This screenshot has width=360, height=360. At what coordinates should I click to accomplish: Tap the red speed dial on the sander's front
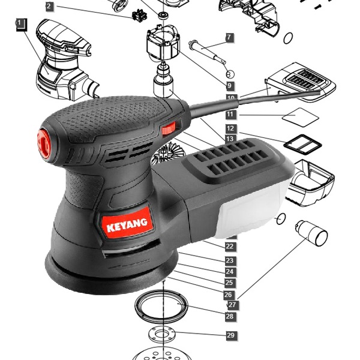point(44,144)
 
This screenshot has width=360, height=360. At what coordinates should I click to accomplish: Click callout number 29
point(231,335)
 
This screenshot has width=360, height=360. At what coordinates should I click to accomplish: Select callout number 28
point(230,316)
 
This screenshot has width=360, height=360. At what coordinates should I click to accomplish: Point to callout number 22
point(230,247)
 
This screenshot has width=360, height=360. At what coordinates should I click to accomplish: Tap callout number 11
point(230,114)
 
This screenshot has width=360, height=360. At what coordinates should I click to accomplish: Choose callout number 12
point(230,128)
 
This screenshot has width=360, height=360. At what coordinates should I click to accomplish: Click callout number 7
point(229,37)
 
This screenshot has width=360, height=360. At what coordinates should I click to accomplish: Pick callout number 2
point(49,7)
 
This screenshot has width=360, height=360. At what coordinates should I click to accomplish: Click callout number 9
point(229,86)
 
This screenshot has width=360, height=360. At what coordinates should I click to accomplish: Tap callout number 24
point(230,272)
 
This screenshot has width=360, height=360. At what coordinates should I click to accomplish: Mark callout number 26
point(228,295)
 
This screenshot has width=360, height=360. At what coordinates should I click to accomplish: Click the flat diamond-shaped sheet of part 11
point(301,117)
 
